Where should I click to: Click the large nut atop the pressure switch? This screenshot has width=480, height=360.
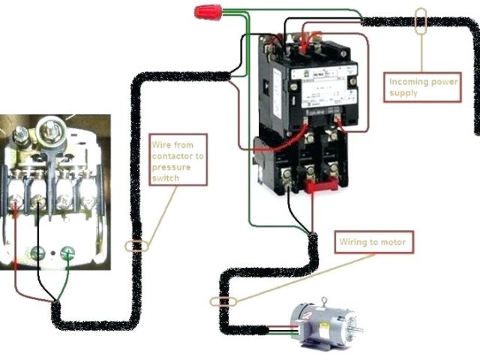pyautogui.click(x=52, y=127)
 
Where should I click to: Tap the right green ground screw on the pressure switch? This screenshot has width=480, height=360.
pyautogui.click(x=69, y=253)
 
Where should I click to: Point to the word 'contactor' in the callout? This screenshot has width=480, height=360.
pyautogui.click(x=180, y=157)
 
